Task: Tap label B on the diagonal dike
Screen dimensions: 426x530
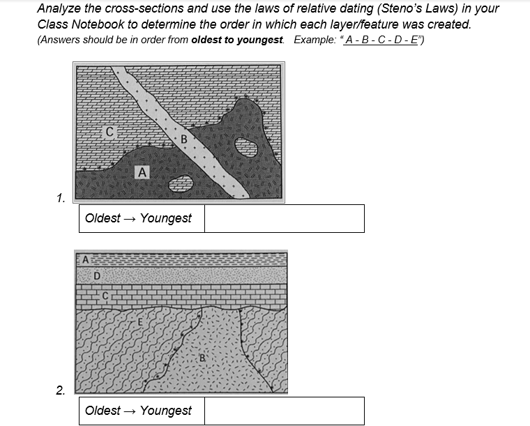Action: (184, 139)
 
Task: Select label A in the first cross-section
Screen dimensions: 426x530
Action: (142, 171)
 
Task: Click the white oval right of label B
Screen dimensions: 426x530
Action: (245, 146)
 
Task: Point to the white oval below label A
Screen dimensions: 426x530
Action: (181, 183)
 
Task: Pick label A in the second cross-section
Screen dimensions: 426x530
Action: (86, 259)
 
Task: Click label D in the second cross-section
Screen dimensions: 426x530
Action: (96, 275)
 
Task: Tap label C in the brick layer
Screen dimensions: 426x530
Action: (105, 296)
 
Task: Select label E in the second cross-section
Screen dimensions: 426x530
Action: (140, 322)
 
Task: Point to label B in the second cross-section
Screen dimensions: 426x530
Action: (202, 358)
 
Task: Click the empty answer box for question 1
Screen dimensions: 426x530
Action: (285, 218)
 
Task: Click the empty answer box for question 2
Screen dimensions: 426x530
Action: (285, 411)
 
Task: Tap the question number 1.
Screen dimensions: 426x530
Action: (61, 198)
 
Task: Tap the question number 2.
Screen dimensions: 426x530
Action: (61, 390)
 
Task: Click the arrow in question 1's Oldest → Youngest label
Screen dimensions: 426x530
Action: (130, 218)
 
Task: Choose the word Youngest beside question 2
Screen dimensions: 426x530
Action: (166, 411)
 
